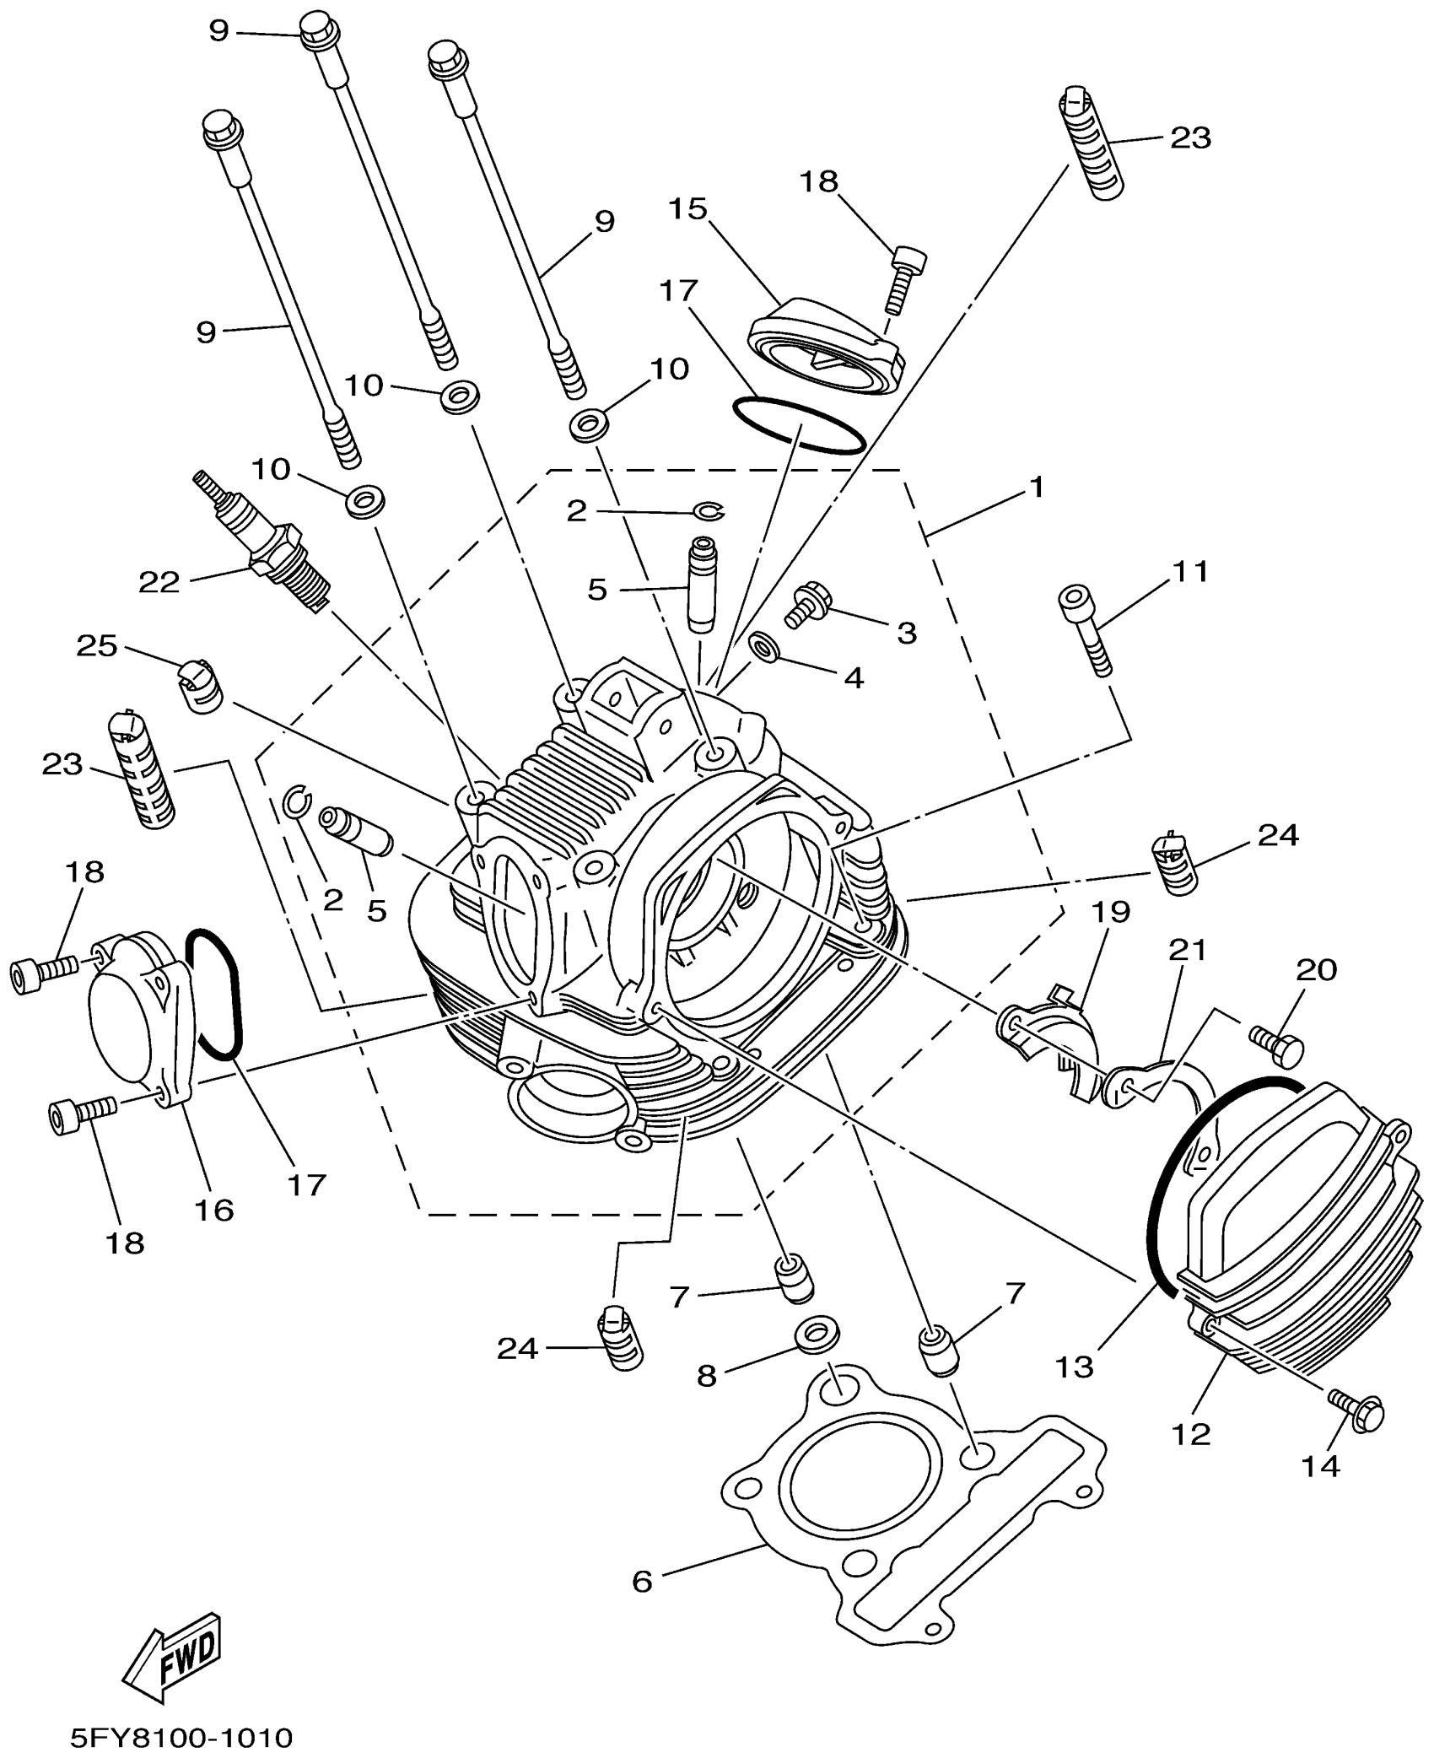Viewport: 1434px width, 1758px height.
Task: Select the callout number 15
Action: (x=688, y=208)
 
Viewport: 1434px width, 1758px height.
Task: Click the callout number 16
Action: (x=213, y=1210)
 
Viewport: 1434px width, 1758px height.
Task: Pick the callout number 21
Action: (x=1187, y=951)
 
